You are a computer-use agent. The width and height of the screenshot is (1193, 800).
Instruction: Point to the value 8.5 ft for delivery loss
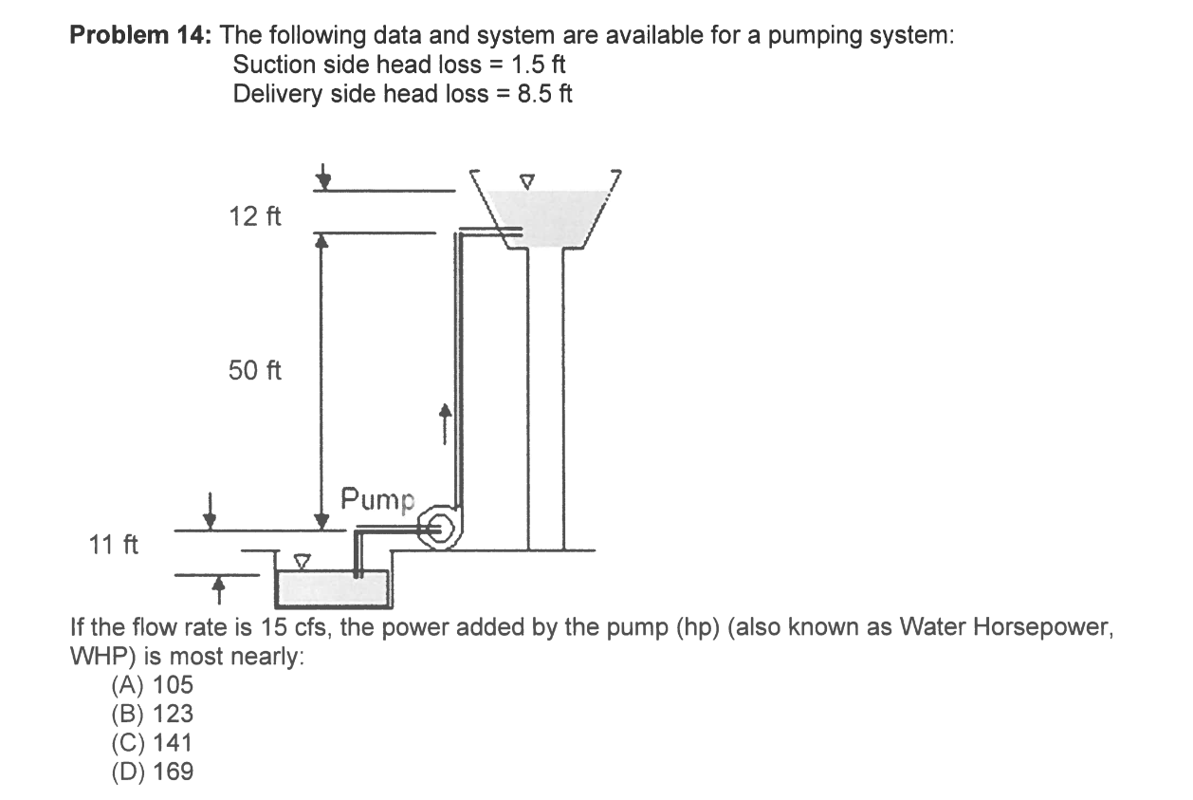[x=544, y=93]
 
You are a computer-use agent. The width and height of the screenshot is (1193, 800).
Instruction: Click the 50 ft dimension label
[x=255, y=370]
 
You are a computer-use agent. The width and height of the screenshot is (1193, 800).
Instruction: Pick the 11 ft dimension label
[x=113, y=545]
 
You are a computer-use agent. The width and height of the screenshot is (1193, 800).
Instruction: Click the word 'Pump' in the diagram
[x=377, y=497]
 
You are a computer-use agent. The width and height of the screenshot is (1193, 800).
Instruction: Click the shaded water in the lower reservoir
[x=332, y=588]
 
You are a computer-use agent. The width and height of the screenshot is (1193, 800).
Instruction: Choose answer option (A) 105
[x=152, y=684]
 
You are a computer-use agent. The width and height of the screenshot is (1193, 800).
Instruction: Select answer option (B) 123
[x=152, y=714]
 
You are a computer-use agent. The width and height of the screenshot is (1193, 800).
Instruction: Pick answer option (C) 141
[x=152, y=742]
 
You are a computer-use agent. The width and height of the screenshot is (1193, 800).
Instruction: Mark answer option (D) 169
[x=152, y=772]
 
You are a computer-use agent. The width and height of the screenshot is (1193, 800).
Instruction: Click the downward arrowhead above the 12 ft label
[x=325, y=177]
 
